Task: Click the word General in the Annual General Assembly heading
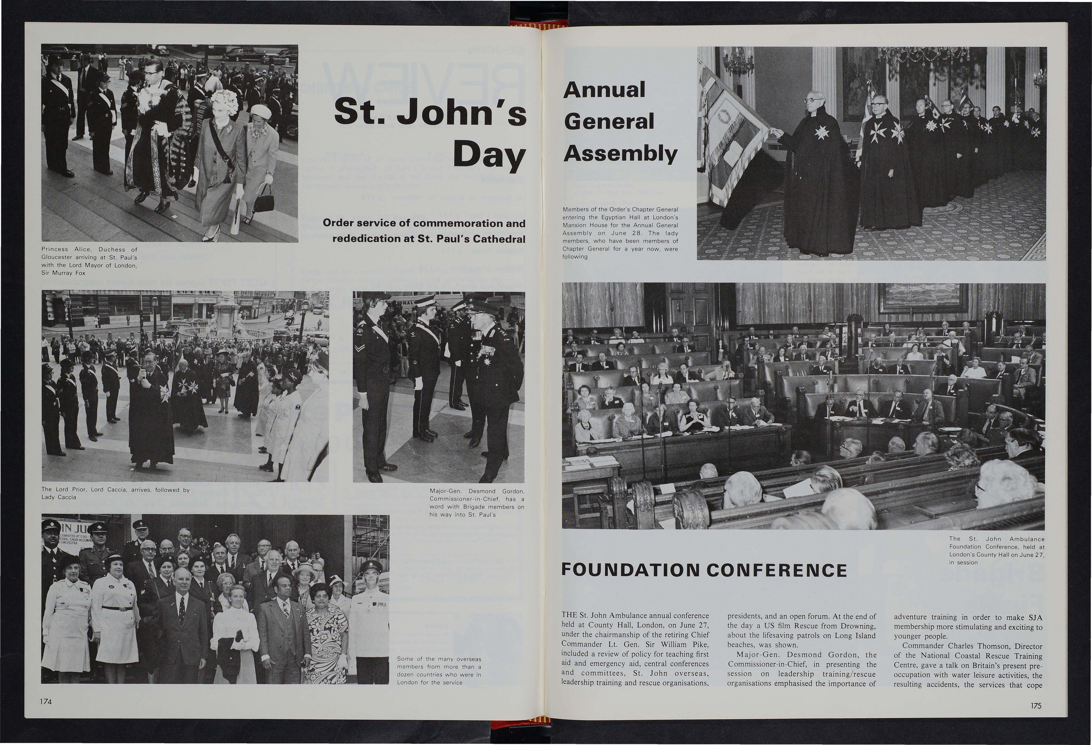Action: (609, 122)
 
